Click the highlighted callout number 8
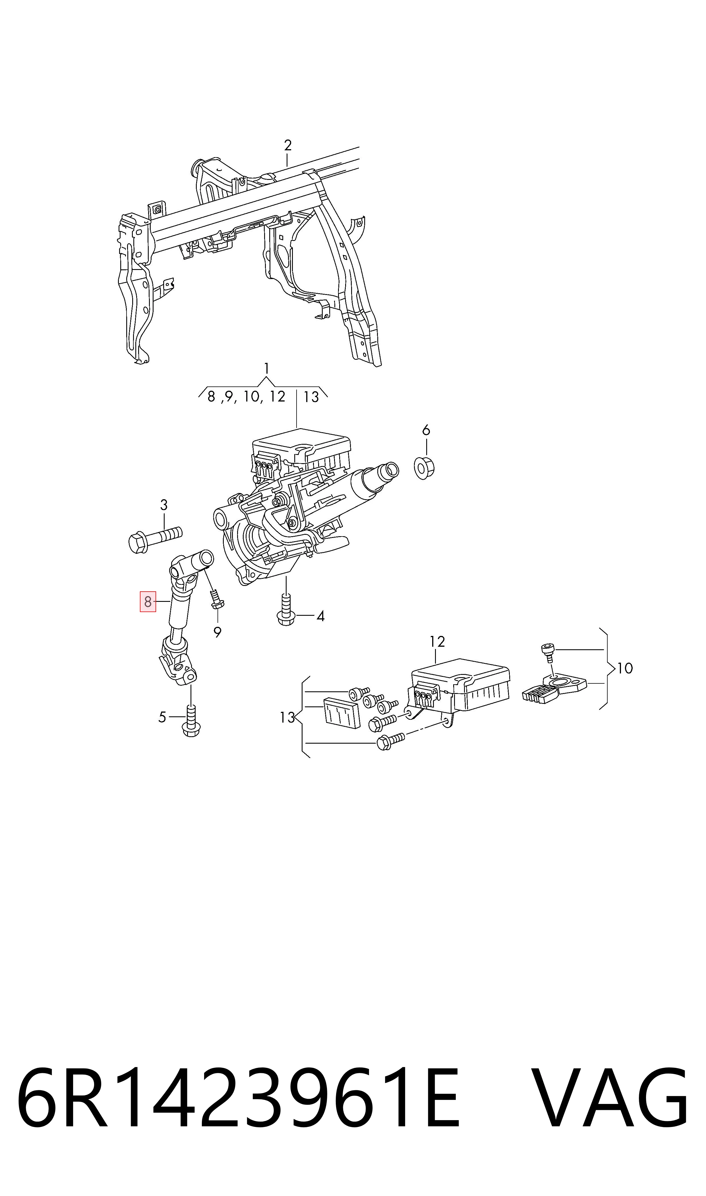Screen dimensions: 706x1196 [148, 602]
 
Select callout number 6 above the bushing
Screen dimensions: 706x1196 [426, 431]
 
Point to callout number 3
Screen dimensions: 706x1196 [164, 505]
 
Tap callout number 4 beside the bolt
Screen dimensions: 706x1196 [321, 617]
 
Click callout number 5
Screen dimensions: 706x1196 [162, 717]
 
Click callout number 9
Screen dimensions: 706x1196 [218, 633]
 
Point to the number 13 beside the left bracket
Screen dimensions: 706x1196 [287, 717]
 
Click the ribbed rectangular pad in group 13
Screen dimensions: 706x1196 [341, 713]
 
